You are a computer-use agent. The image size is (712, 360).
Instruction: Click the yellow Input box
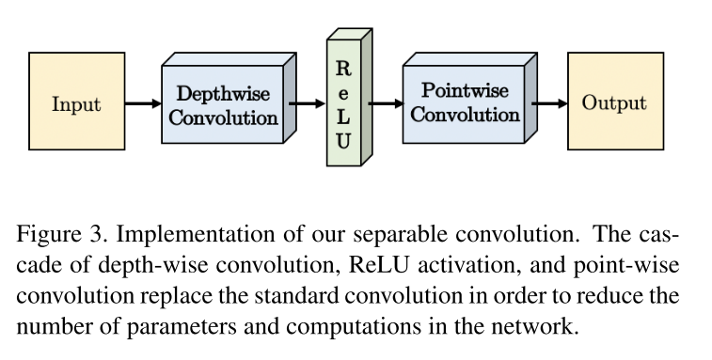(x=76, y=102)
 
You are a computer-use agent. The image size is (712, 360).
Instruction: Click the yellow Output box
(x=614, y=102)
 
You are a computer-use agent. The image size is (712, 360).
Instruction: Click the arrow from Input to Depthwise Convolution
(x=142, y=102)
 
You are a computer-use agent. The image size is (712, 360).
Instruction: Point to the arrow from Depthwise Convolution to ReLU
(x=307, y=102)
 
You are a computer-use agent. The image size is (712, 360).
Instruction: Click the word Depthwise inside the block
(x=224, y=95)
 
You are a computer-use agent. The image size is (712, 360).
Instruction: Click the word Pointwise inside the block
(x=465, y=91)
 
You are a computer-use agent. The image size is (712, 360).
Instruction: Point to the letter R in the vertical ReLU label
(x=343, y=69)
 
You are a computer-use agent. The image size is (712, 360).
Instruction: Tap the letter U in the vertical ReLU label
(x=343, y=142)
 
